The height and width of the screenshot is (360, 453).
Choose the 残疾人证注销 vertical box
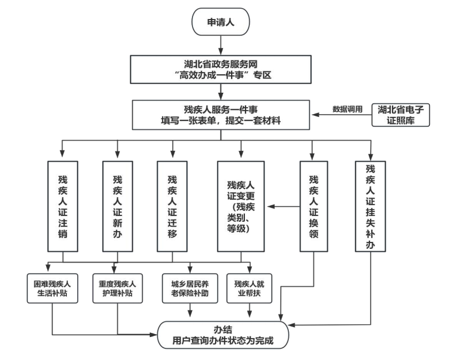click(x=63, y=206)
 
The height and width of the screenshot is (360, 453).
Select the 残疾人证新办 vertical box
click(x=117, y=206)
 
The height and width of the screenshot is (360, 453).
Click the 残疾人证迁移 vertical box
click(x=172, y=206)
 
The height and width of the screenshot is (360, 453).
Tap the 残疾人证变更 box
click(x=240, y=206)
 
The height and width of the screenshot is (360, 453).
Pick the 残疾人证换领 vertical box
click(x=313, y=206)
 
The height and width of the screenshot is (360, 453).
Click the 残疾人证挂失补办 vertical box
click(x=370, y=206)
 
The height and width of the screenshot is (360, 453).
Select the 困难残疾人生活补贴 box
click(x=52, y=287)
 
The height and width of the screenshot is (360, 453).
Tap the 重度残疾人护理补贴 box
click(x=118, y=287)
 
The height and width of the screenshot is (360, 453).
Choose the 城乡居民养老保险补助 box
click(x=190, y=287)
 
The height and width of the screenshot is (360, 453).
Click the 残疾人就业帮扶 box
click(x=250, y=287)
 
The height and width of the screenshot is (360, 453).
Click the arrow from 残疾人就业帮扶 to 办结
click(x=250, y=311)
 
